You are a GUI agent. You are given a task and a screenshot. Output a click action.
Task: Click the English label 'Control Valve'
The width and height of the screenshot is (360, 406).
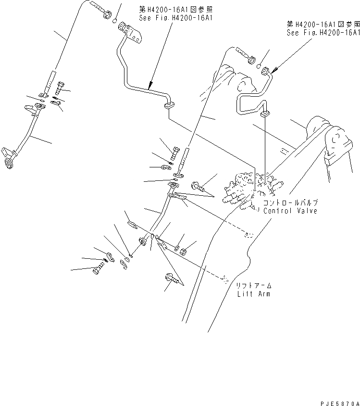[290, 211]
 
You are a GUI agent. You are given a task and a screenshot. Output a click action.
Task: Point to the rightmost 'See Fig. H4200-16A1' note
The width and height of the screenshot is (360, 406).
[323, 33]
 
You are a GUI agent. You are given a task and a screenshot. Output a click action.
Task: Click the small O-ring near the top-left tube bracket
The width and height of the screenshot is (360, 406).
[114, 21]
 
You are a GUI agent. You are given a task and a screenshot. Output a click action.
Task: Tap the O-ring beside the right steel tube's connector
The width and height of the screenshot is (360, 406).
[259, 66]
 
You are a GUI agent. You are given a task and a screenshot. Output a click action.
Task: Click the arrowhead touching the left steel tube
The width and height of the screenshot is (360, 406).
[150, 88]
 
